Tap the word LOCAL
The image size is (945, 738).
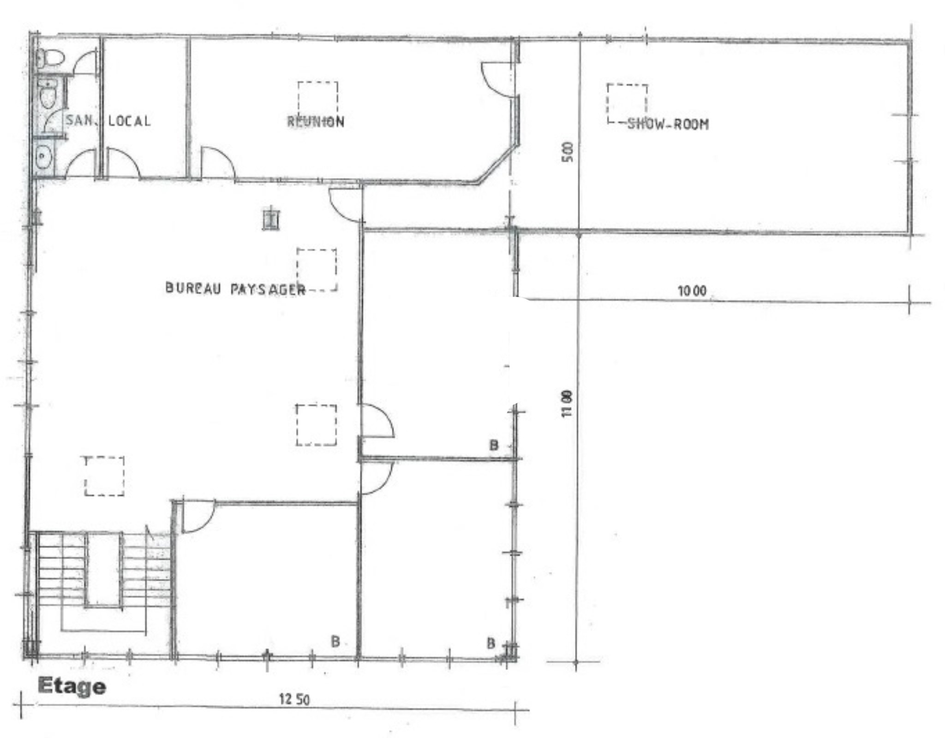[129, 121]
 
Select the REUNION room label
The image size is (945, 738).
[316, 122]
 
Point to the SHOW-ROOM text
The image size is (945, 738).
[668, 124]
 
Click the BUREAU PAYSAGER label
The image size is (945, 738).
[235, 289]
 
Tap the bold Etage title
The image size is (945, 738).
[72, 686]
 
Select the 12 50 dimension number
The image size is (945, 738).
[294, 700]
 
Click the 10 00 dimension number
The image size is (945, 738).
[692, 291]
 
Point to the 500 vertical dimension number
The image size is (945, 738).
[569, 152]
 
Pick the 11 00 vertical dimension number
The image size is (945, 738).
[568, 404]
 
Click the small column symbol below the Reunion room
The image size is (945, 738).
[272, 218]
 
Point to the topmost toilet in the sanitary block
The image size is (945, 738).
[50, 58]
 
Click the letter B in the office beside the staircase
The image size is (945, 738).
[335, 641]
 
